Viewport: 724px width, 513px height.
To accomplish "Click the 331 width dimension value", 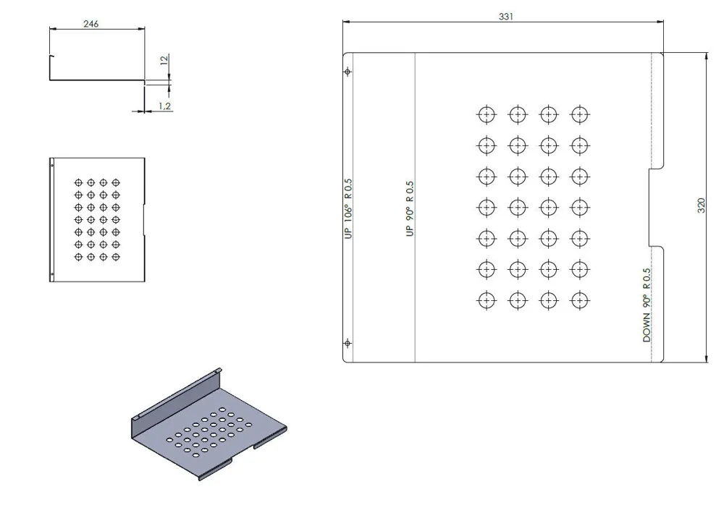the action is [x=505, y=17].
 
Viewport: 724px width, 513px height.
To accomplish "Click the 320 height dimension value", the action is [x=701, y=205].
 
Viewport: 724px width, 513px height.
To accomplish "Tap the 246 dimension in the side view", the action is [x=91, y=24].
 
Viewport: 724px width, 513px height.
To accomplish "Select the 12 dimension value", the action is [x=164, y=61].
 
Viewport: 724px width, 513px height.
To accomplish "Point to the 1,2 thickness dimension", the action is [x=165, y=106].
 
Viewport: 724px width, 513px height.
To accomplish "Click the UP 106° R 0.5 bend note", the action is [x=348, y=208].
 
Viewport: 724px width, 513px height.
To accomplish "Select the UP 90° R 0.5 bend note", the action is [x=410, y=208].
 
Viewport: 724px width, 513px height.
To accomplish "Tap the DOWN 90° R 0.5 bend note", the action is [x=647, y=305].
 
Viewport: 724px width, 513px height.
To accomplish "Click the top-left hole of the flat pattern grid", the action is [x=487, y=114].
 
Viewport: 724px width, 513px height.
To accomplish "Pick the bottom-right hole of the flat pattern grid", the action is [x=580, y=301].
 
